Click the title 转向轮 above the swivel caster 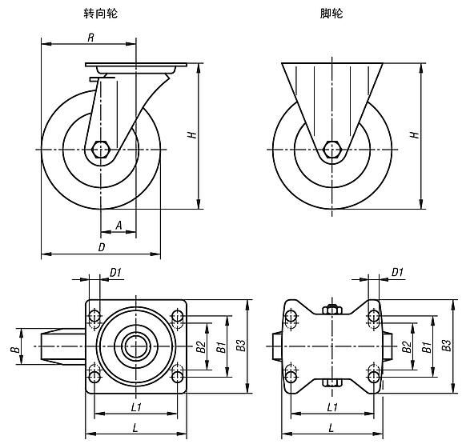coord(99,14)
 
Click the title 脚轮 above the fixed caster coord(330,14)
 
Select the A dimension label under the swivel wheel coord(119,226)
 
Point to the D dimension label coord(101,247)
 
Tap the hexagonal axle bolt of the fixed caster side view coord(331,150)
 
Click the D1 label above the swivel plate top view coord(114,273)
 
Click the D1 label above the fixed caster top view coord(398,273)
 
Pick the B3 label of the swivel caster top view coord(240,346)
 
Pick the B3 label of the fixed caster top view coord(446,345)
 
